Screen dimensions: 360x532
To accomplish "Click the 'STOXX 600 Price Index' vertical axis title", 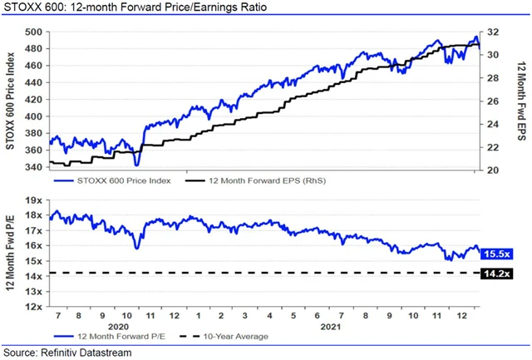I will coord(11,100).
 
